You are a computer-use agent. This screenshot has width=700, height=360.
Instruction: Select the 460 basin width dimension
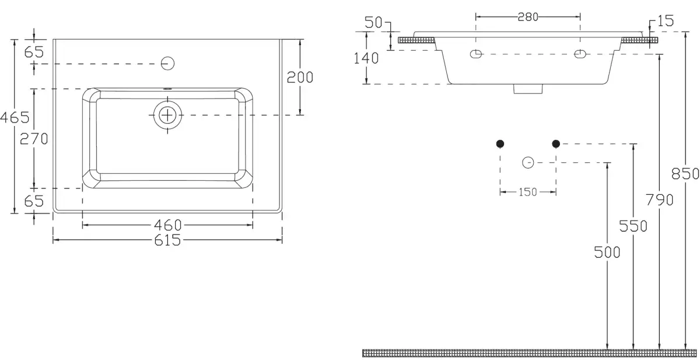pos(168,225)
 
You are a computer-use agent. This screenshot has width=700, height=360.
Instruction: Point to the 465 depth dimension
pos(15,117)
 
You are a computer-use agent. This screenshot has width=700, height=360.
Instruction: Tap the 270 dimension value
pos(34,138)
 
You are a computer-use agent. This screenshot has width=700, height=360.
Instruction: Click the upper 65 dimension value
pos(34,51)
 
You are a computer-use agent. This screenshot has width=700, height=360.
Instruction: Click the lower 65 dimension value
pos(34,201)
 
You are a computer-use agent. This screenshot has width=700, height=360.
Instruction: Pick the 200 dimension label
pos(300,77)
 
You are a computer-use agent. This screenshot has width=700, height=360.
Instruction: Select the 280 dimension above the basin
pos(528,16)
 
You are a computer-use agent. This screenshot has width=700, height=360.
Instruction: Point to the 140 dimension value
pos(366,58)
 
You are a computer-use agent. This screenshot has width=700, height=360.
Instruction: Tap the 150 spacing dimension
pos(527,192)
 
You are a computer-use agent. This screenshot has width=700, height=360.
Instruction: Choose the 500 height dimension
pos(607,252)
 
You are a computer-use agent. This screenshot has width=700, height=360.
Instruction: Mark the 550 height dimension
pos(633,226)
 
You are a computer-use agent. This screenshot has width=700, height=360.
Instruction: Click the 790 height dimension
pos(660,200)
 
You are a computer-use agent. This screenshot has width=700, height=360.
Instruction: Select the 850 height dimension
pos(685,174)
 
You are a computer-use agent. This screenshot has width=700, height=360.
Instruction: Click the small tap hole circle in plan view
pos(168,63)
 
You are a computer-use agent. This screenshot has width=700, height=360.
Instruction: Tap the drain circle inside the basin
pos(168,115)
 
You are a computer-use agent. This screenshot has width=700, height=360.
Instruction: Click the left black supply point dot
pos(500,144)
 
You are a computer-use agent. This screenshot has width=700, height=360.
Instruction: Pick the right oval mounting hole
pos(580,54)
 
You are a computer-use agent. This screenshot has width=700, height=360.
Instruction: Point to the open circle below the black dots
pos(528,162)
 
